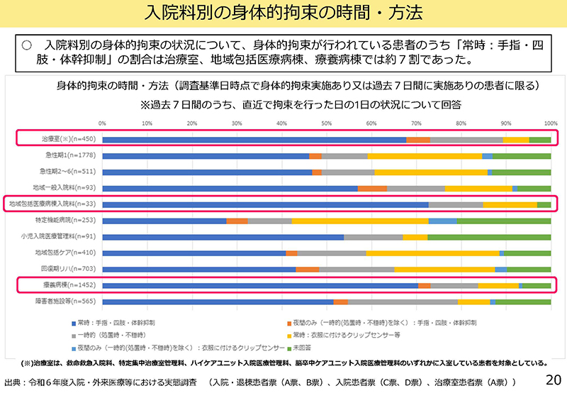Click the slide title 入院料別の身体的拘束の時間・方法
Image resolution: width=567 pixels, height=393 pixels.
(283, 12)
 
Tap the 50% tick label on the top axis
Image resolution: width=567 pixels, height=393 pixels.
(327, 123)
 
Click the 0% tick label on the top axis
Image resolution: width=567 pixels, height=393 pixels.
(103, 123)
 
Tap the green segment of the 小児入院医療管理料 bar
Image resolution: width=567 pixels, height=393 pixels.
(489, 237)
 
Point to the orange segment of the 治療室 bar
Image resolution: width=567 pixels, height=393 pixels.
(418, 140)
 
